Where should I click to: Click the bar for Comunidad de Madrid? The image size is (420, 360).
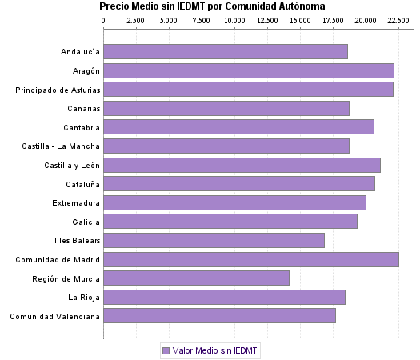coord(250,259)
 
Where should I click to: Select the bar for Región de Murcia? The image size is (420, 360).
coord(196,278)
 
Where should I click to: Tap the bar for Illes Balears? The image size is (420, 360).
coord(214,240)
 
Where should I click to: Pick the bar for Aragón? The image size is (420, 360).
coord(248,71)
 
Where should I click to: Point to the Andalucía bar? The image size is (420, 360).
coord(226,52)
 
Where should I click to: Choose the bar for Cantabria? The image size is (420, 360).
coord(238,126)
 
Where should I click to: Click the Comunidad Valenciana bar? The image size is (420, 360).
coord(219,316)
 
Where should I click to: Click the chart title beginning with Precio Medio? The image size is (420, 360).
coord(212,6)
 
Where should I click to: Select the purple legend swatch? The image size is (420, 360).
coord(166,350)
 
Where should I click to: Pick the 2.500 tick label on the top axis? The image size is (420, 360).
coord(136,18)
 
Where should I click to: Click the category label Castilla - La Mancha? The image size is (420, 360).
coord(61,146)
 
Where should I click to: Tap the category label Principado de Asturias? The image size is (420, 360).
coord(58,90)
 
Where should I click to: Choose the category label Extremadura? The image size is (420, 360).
coord(77,203)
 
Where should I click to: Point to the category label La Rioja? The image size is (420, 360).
coord(84,298)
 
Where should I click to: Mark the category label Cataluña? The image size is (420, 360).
coord(82,184)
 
